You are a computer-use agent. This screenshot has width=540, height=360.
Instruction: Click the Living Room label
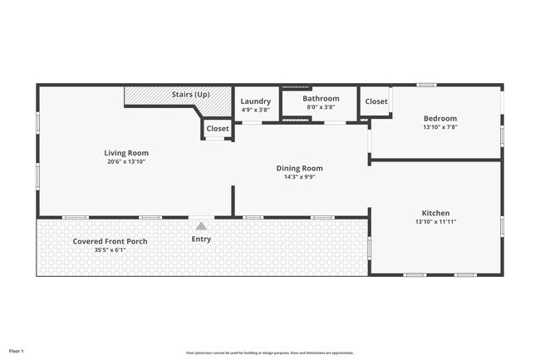(126, 153)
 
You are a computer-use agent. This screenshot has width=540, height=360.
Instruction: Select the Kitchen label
(436, 214)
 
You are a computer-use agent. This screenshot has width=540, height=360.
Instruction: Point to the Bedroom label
(440, 118)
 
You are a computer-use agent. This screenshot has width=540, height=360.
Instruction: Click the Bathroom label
(321, 99)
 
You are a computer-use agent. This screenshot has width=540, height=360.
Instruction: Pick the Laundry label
(256, 101)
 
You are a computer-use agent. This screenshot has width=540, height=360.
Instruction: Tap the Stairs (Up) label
(190, 94)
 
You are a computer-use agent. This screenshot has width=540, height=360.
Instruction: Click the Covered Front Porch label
(110, 241)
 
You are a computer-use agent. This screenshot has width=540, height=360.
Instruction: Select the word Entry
(201, 239)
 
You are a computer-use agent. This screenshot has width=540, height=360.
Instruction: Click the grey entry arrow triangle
(201, 225)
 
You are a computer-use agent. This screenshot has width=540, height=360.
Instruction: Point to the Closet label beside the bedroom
(376, 101)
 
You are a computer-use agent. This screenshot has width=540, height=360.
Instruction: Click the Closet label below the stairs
(218, 129)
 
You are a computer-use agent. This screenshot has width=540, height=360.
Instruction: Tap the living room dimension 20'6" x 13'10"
(126, 162)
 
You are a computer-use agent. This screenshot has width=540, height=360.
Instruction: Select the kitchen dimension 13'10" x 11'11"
(436, 223)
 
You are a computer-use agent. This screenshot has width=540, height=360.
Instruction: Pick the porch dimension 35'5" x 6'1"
(110, 250)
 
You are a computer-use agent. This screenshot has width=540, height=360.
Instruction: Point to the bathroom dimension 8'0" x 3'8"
(321, 107)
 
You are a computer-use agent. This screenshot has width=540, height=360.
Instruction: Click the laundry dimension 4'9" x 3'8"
(256, 110)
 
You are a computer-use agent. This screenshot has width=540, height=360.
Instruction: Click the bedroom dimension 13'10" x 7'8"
(440, 127)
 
